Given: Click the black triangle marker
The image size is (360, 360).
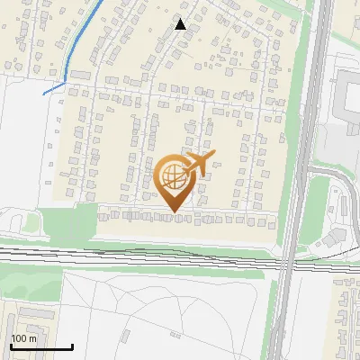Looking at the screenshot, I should click(x=180, y=24).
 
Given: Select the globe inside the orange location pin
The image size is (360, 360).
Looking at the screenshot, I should click(x=172, y=176).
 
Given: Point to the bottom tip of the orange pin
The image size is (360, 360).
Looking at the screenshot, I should click(x=173, y=212).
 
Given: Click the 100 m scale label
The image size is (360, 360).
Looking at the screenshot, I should click(x=24, y=338).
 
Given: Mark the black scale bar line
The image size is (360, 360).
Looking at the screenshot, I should click(x=41, y=347).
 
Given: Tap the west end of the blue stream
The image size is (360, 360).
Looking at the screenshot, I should click(x=44, y=93).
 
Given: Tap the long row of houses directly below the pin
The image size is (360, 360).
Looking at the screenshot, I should click(x=180, y=219).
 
